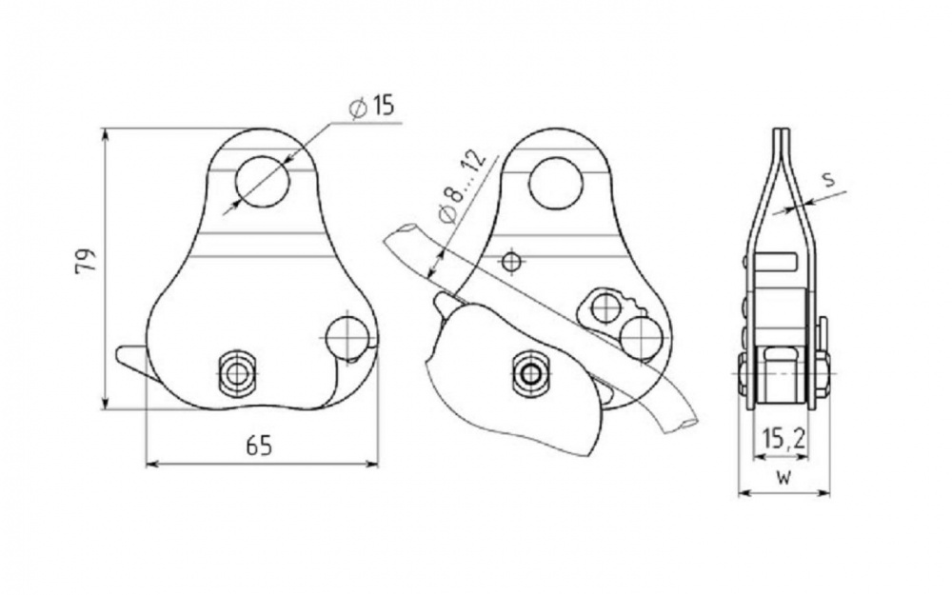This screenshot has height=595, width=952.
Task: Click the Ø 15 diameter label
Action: [x=371, y=106]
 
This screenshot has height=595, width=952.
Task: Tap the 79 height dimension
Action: [x=87, y=261]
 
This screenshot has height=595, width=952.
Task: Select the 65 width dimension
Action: [x=259, y=446]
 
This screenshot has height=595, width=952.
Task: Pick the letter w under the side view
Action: [x=783, y=478]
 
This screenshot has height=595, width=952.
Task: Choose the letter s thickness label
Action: [x=828, y=180]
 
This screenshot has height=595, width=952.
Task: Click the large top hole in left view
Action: [x=263, y=181]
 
